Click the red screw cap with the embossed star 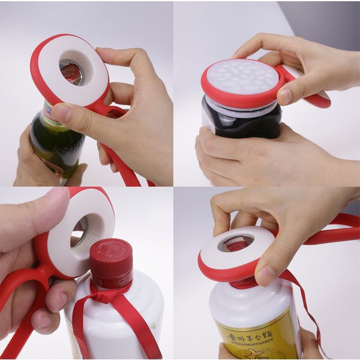(x=112, y=262)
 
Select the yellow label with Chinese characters (x=264, y=337)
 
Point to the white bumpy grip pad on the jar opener (x=242, y=77)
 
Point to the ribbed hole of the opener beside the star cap (x=82, y=230)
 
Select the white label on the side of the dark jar (x=208, y=120)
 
